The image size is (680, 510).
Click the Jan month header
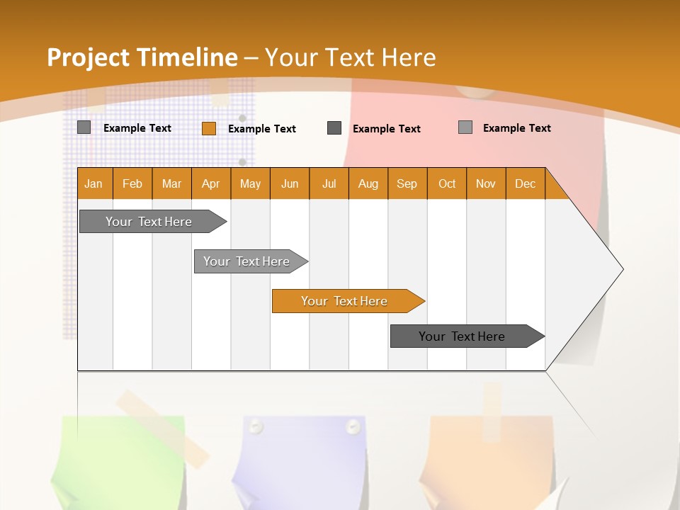coord(94,183)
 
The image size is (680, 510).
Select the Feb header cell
coord(132,183)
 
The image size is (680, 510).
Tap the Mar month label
coord(171,183)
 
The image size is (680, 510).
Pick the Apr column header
coord(211,183)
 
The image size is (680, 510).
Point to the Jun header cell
coord(290,183)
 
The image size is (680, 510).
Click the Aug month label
coord(368,183)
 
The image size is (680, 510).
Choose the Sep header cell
coord(407,183)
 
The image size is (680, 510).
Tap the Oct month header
coord(447,183)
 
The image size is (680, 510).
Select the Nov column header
coord(486,183)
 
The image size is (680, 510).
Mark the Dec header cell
coord(526,183)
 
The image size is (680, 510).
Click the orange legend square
coord(209,128)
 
